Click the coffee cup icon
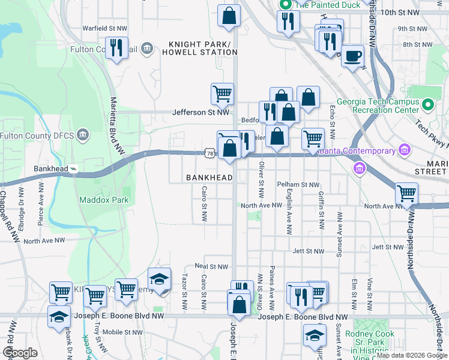(352, 56)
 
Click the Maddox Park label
(103, 199)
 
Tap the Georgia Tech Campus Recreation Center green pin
(428, 107)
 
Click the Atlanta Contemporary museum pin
(404, 149)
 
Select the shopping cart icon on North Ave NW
(406, 193)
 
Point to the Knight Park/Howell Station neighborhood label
(203, 48)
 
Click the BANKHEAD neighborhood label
(209, 178)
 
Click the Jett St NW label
(309, 251)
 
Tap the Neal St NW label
(212, 266)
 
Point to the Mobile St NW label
(123, 332)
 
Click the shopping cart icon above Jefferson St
(222, 93)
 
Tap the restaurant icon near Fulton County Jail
(116, 48)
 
